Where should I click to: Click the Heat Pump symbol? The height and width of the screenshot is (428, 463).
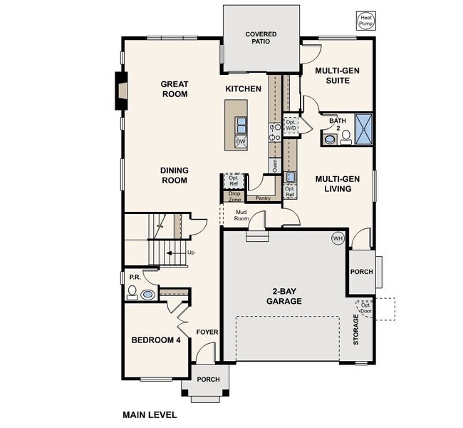tap(366, 21)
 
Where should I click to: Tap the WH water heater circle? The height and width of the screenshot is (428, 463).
tap(338, 238)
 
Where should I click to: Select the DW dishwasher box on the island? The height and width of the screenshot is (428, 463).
tap(241, 142)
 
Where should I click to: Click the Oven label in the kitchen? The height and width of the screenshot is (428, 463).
tap(275, 166)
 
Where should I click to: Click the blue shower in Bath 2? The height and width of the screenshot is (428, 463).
tap(363, 129)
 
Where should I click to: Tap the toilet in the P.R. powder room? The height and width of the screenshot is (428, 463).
tap(132, 292)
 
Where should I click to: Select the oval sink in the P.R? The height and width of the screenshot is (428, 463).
tap(148, 295)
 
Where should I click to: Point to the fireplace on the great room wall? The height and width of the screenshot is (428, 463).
tap(121, 91)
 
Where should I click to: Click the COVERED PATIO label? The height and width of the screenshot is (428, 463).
tap(261, 38)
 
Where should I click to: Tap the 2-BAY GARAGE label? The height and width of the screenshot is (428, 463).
tap(284, 296)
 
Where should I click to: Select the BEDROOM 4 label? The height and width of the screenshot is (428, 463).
tap(156, 340)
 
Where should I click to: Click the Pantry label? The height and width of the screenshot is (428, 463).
tap(263, 198)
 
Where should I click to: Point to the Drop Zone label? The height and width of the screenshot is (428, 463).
tap(235, 197)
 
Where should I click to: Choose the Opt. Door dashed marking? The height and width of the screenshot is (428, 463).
tap(365, 308)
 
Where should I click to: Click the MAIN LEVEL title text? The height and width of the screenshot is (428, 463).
tap(150, 414)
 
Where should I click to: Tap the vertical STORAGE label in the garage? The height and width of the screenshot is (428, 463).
tap(356, 330)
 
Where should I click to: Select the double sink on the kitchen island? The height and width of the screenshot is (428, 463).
tap(241, 126)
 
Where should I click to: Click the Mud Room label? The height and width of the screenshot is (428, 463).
tap(241, 215)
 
